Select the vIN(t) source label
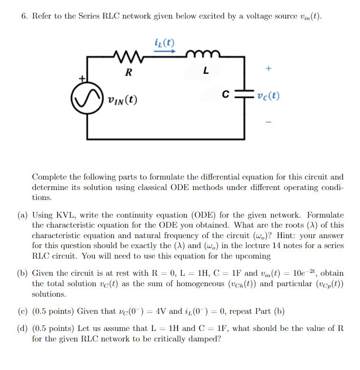click(x=122, y=100)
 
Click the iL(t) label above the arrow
click(x=164, y=40)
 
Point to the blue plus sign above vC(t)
click(x=269, y=69)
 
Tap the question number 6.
click(x=24, y=16)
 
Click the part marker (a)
click(x=23, y=216)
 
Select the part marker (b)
click(x=23, y=274)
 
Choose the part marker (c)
click(x=23, y=311)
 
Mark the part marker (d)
click(x=23, y=329)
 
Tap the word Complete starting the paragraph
click(x=50, y=177)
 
